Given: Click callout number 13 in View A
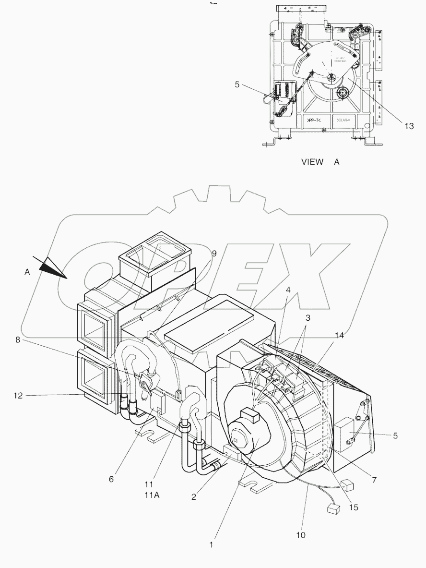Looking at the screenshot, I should tap(408, 126).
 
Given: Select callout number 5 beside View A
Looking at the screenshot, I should tap(237, 85).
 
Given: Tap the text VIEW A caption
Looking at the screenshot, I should tap(320, 162).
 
